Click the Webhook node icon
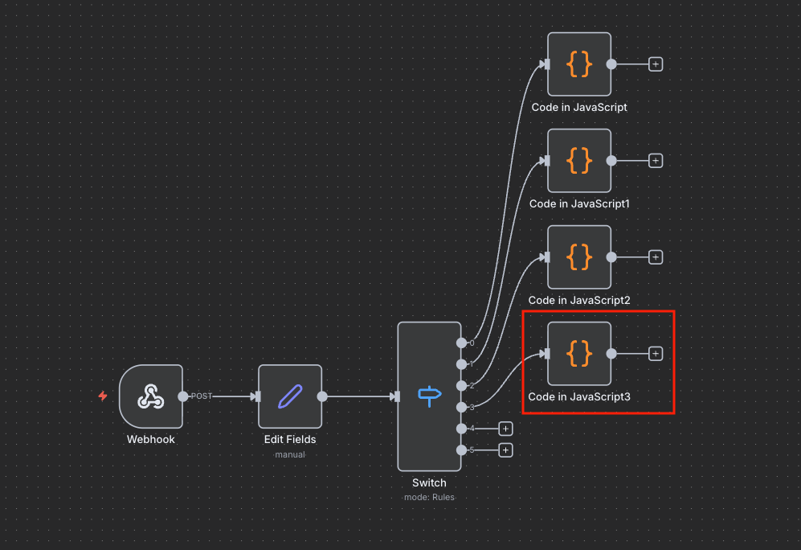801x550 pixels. coord(150,396)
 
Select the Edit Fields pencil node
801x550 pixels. coord(289,396)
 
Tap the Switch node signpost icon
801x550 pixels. coord(429,396)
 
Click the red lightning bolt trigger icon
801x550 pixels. coord(103,396)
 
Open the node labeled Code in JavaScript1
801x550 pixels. coord(579,160)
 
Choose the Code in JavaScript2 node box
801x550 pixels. coord(579,257)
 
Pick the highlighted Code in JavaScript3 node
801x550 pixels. coord(579,353)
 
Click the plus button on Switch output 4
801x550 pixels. coord(505,429)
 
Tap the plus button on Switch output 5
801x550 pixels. coord(505,450)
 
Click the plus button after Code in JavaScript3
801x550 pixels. coord(656,353)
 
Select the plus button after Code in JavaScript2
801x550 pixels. coord(656,257)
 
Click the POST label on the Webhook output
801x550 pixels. coord(201,396)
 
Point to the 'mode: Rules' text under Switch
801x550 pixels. coord(429,497)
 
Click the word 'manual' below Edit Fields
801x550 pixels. coord(289,454)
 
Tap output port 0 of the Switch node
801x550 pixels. coord(461,343)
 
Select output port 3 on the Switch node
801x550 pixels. coord(461,407)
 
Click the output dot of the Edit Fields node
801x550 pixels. coord(322,396)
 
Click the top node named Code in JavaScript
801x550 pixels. coord(579,64)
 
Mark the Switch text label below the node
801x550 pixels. coord(429,483)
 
